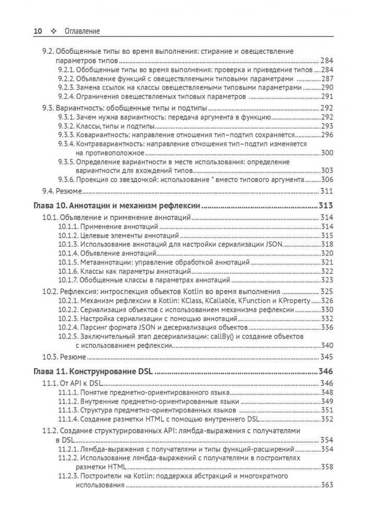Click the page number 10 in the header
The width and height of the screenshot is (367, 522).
pyautogui.click(x=38, y=31)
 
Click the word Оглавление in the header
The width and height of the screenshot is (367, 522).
pyautogui.click(x=81, y=31)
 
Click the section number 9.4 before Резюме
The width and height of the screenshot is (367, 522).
pyautogui.click(x=48, y=190)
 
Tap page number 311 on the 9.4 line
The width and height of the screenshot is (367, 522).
pyautogui.click(x=326, y=190)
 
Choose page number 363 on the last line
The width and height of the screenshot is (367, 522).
pyautogui.click(x=326, y=485)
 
